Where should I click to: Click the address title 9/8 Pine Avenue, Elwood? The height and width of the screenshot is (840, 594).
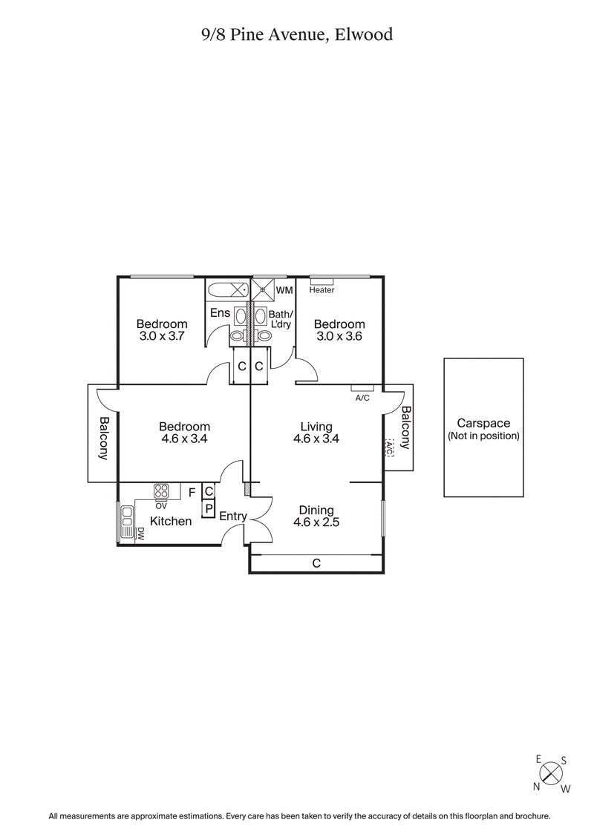[x=297, y=33]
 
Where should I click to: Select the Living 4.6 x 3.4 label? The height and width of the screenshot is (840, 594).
[x=316, y=432]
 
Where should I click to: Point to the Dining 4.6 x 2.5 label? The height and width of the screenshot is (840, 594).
[x=316, y=516]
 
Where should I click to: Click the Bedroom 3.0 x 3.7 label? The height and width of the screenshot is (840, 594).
[x=161, y=329]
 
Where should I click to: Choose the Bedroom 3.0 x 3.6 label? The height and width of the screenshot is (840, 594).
[x=339, y=329]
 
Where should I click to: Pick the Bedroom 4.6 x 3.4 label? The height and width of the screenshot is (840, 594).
[x=184, y=432]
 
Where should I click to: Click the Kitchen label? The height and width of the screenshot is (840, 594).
[x=171, y=521]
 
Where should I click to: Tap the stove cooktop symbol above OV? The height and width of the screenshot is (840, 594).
[x=162, y=490]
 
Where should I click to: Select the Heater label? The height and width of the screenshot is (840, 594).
[x=322, y=290]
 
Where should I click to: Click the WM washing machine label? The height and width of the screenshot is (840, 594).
[x=284, y=289]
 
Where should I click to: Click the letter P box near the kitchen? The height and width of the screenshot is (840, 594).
[x=209, y=509]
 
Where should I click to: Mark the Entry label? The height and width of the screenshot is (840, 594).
[x=232, y=516]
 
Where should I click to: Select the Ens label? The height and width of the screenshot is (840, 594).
[x=220, y=313]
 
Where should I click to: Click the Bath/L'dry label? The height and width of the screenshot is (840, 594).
[x=281, y=320]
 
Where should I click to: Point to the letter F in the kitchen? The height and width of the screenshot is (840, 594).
[x=192, y=492]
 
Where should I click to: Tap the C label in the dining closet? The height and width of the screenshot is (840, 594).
[x=316, y=564]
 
